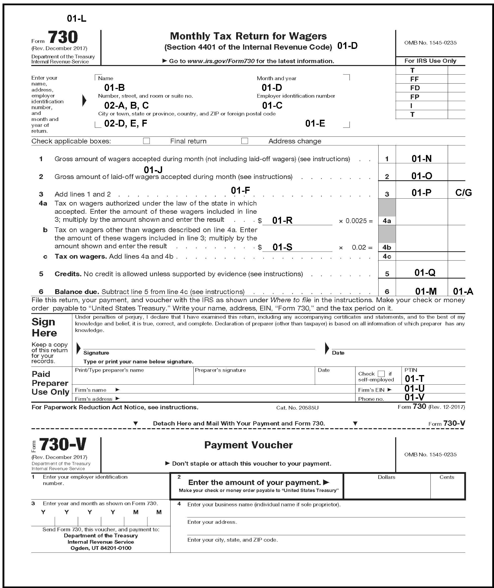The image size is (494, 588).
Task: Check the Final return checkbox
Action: pyautogui.click(x=146, y=141)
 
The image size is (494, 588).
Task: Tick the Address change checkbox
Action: pyautogui.click(x=244, y=141)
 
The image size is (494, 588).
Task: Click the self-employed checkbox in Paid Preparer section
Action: pyautogui.click(x=381, y=374)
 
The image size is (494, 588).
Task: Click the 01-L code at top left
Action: pyautogui.click(x=76, y=18)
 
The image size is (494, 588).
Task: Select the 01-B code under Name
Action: pyautogui.click(x=114, y=88)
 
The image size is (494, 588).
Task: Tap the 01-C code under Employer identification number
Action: pyautogui.click(x=272, y=106)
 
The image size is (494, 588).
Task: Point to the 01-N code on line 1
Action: pyautogui.click(x=421, y=159)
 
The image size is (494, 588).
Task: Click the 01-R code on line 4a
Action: pyautogui.click(x=282, y=220)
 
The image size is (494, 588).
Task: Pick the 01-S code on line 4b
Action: pyautogui.click(x=282, y=247)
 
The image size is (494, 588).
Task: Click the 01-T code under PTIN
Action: pyautogui.click(x=414, y=379)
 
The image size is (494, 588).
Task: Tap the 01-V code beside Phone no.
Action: pyautogui.click(x=414, y=397)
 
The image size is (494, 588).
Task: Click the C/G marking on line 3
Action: pyautogui.click(x=463, y=193)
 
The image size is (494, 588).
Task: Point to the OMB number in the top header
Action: pyautogui.click(x=430, y=43)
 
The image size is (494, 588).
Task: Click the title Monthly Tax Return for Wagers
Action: pyautogui.click(x=248, y=36)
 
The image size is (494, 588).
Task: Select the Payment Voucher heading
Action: pyautogui.click(x=248, y=445)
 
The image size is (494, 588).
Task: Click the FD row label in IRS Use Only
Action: pyautogui.click(x=415, y=88)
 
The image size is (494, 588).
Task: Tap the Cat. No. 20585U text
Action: pyautogui.click(x=297, y=408)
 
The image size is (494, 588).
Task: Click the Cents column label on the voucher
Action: pyautogui.click(x=446, y=477)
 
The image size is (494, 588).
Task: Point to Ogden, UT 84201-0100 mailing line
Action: pyautogui.click(x=101, y=548)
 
